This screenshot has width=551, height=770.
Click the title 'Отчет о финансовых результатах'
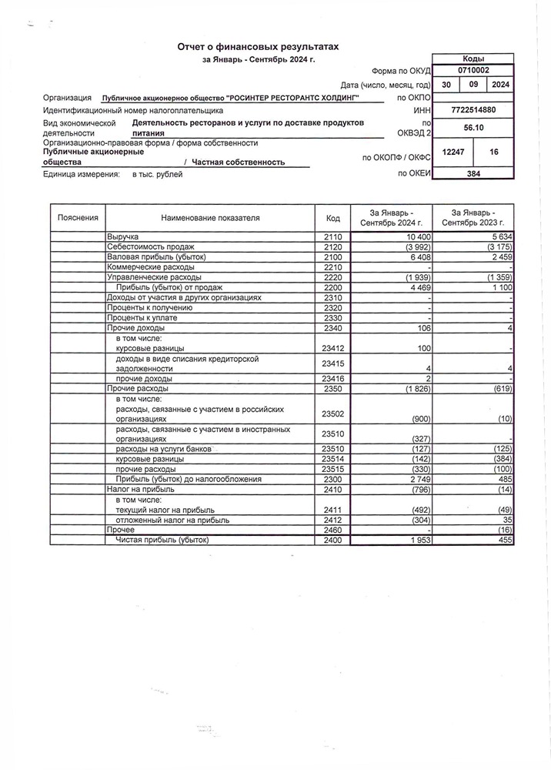(258, 48)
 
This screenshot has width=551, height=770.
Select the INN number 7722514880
(473, 111)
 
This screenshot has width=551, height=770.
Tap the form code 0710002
(473, 70)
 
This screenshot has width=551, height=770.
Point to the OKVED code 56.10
(473, 132)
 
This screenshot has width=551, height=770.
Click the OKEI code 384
(473, 175)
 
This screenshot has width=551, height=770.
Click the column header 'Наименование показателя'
(210, 218)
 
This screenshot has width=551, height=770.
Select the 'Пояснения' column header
(78, 218)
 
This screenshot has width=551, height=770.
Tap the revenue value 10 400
(410, 235)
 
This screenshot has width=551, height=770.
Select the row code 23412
(333, 349)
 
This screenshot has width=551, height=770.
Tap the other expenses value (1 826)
(409, 390)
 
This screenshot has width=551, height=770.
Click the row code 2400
(333, 541)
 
